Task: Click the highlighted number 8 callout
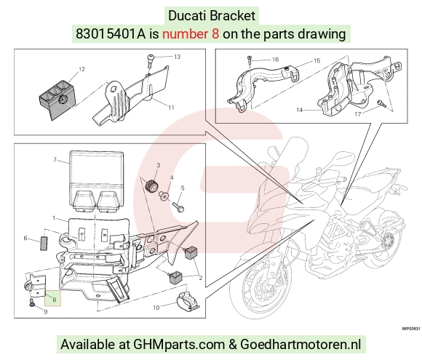coord(55,300)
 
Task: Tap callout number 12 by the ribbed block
coord(81,69)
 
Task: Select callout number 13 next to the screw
coord(177,57)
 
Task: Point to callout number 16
coord(275,60)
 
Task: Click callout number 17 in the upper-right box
coord(358,114)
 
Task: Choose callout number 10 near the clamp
coord(156,308)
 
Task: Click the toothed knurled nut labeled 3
coord(151,186)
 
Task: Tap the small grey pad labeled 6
coord(44,243)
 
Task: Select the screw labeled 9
coord(32,303)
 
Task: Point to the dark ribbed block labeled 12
coord(57,98)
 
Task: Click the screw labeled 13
coord(151,61)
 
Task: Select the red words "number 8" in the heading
coord(191,34)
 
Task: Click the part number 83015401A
coord(111,34)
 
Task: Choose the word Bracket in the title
coord(233,15)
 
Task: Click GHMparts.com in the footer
coord(179,344)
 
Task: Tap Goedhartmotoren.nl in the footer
coord(300,344)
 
